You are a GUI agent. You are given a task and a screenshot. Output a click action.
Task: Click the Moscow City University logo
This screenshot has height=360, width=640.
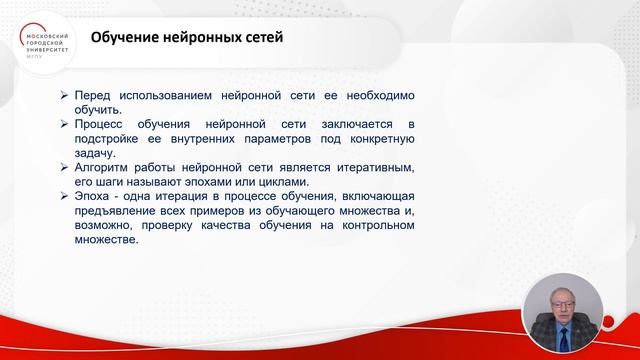click(46, 40)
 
